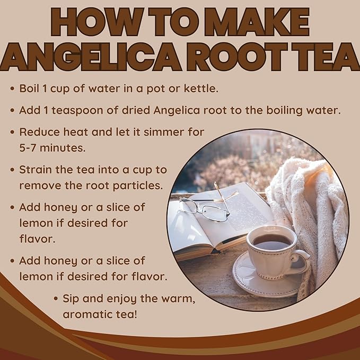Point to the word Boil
(30, 88)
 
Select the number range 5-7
(30, 147)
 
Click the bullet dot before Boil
(12, 89)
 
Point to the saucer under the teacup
(265, 278)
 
